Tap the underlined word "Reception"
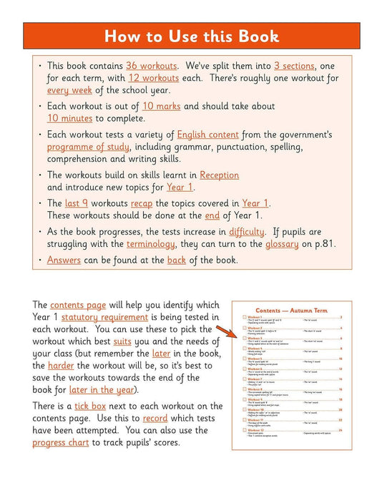point(219,175)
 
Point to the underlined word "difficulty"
point(247,231)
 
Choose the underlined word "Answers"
point(64,260)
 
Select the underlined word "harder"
point(81,365)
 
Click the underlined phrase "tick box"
point(91,407)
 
